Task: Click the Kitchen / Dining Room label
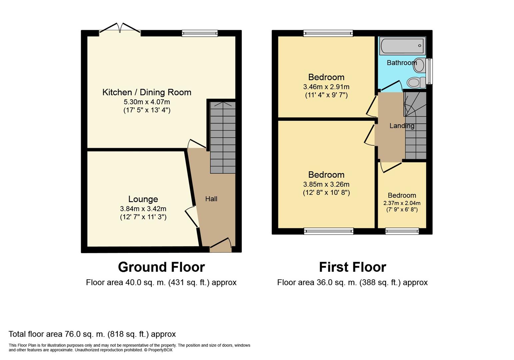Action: point(147,92)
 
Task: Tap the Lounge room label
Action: point(143,199)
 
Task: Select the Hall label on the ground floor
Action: point(211,199)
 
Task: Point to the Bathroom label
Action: point(402,63)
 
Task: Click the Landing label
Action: point(402,126)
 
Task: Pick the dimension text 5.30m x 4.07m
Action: point(147,102)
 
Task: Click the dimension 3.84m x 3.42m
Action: point(143,209)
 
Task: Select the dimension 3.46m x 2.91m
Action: point(326,87)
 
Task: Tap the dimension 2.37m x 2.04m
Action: point(402,203)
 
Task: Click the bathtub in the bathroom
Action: point(402,46)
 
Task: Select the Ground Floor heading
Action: point(161,267)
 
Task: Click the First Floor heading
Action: point(352,267)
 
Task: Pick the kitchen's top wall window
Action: point(200,33)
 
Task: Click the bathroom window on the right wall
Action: point(429,71)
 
